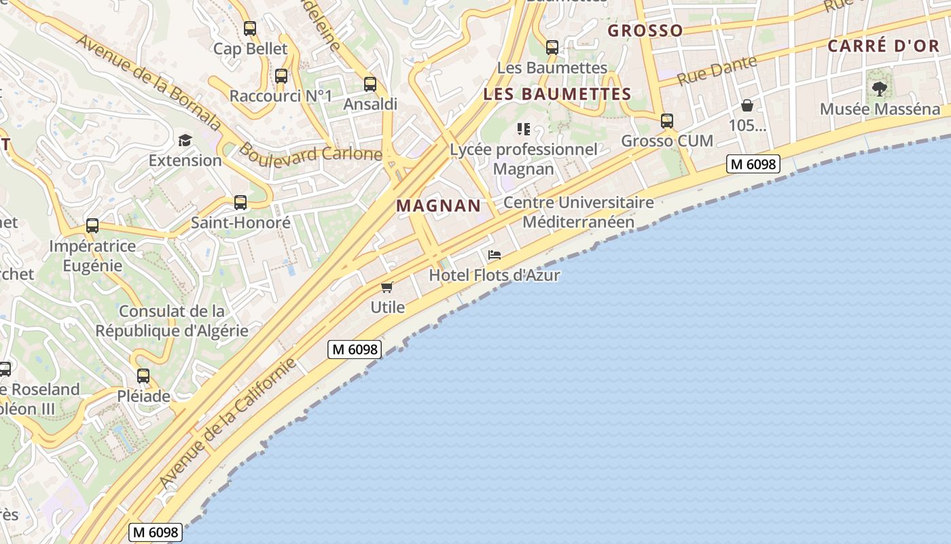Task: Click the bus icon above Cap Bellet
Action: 250,29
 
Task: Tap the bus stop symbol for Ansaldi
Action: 370,84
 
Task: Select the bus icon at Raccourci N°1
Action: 281,76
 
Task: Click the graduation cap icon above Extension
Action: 185,141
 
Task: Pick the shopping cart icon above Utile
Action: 387,287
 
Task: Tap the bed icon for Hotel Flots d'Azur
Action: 495,255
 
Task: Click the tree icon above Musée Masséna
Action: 880,88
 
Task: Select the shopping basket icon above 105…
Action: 747,105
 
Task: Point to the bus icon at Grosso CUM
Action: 667,121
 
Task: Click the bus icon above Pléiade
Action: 143,375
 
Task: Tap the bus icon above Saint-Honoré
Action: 240,202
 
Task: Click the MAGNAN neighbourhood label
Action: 439,205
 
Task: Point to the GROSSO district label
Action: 645,31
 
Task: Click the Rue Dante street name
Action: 717,70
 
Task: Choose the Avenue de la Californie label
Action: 229,422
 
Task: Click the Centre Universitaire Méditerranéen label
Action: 578,212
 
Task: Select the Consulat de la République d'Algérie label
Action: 172,321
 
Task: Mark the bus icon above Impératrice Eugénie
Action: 92,226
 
